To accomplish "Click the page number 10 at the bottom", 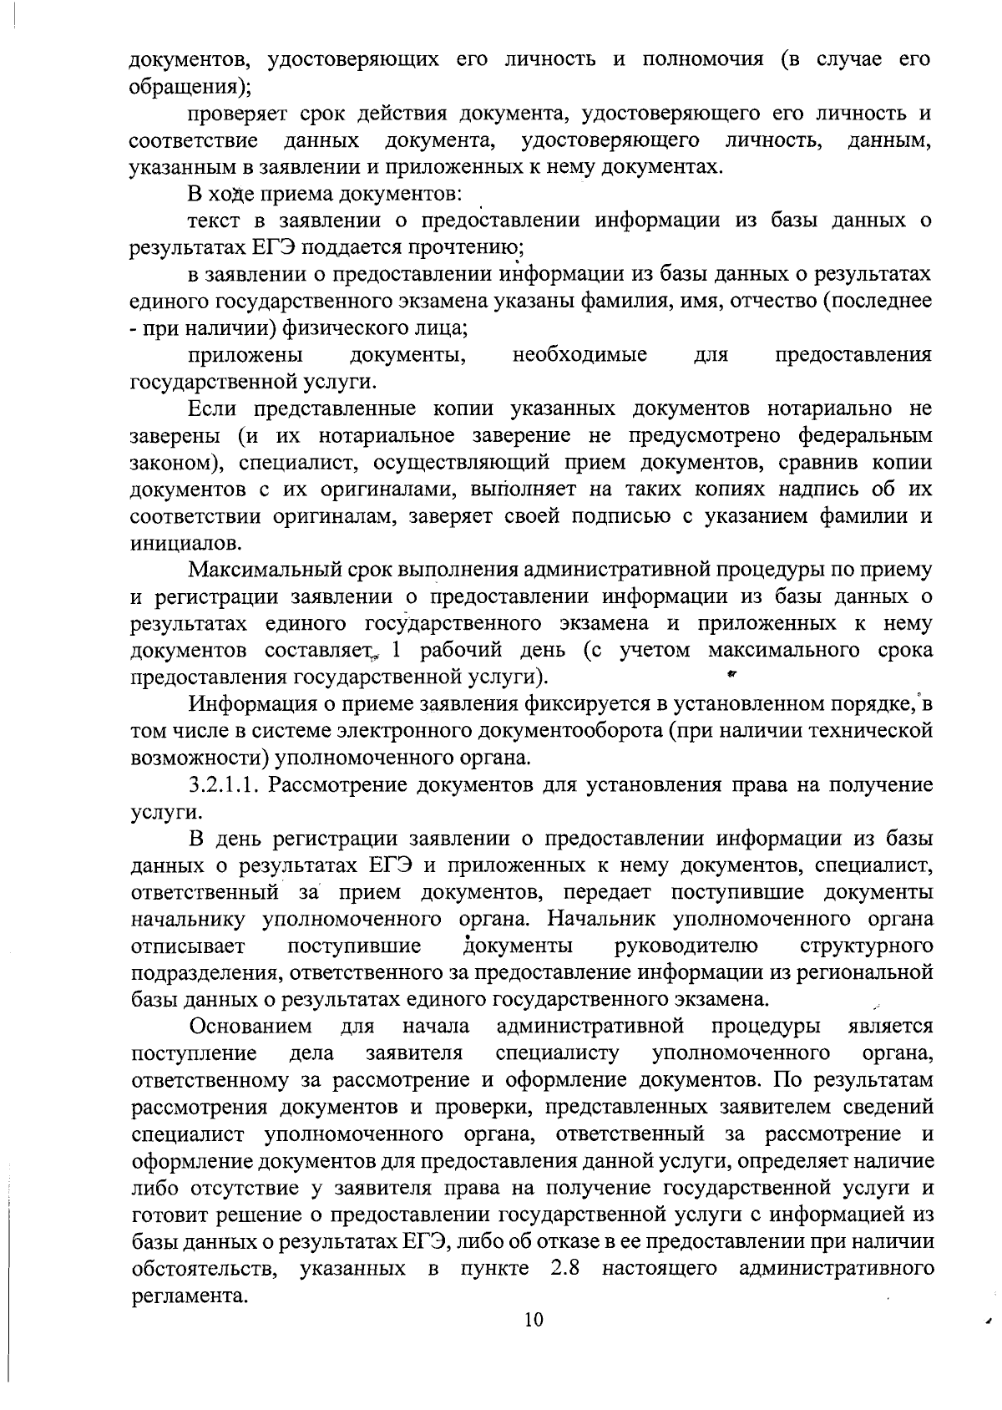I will click(534, 1321).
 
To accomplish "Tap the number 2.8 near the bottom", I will click(567, 1268).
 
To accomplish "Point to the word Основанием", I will click(250, 1026).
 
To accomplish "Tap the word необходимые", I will click(579, 355).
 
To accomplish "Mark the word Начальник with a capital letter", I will click(605, 920).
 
